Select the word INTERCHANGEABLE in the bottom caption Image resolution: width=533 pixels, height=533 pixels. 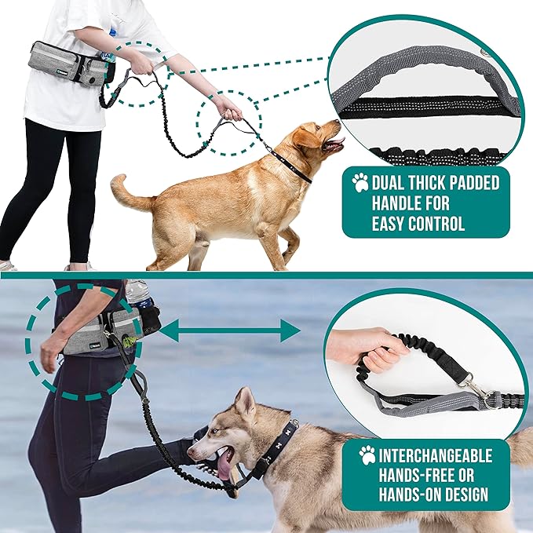(x=437, y=455)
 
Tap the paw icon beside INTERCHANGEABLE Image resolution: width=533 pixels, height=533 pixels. (x=367, y=455)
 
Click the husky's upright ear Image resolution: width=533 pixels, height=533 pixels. (x=246, y=402)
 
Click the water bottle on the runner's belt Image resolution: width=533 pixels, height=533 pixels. (x=139, y=294)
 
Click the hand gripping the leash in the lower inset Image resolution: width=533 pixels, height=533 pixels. (x=369, y=349)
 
